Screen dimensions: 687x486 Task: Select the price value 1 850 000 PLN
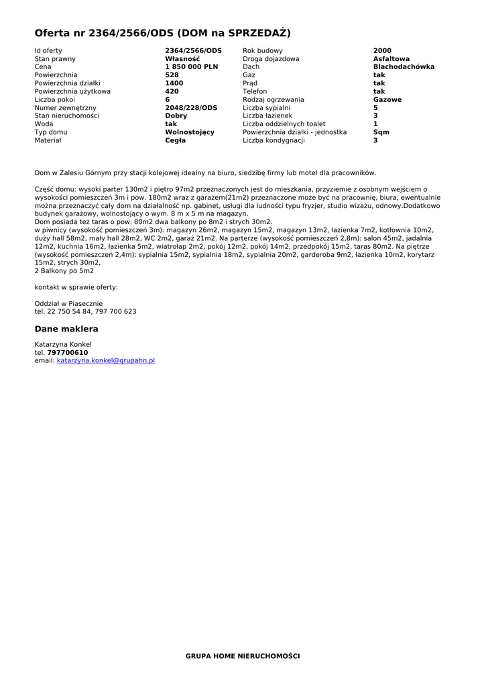(x=192, y=67)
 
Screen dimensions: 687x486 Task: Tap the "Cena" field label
(x=43, y=67)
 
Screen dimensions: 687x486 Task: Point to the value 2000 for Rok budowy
(x=382, y=51)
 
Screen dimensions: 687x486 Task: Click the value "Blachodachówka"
(x=404, y=67)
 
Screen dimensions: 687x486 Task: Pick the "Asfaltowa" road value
(x=391, y=59)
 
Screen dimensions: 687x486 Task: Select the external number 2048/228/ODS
(x=191, y=108)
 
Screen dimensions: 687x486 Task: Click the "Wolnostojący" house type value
(x=190, y=132)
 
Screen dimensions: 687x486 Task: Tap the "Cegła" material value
(x=176, y=140)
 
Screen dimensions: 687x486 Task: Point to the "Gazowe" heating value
(x=387, y=100)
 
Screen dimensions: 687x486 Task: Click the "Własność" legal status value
(x=182, y=59)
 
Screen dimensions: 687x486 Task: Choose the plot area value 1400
(x=174, y=83)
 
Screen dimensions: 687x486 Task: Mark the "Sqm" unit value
(x=381, y=132)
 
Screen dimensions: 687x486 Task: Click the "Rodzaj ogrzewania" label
(x=273, y=100)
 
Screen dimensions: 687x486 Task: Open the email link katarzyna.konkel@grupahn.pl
(x=106, y=360)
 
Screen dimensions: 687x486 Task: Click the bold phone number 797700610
(x=67, y=352)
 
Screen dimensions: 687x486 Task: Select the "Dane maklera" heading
(x=66, y=329)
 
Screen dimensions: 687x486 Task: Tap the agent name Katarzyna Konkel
(x=63, y=344)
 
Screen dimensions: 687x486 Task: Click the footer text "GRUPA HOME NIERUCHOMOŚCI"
(x=243, y=655)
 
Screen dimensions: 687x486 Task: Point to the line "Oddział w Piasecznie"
(x=68, y=303)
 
